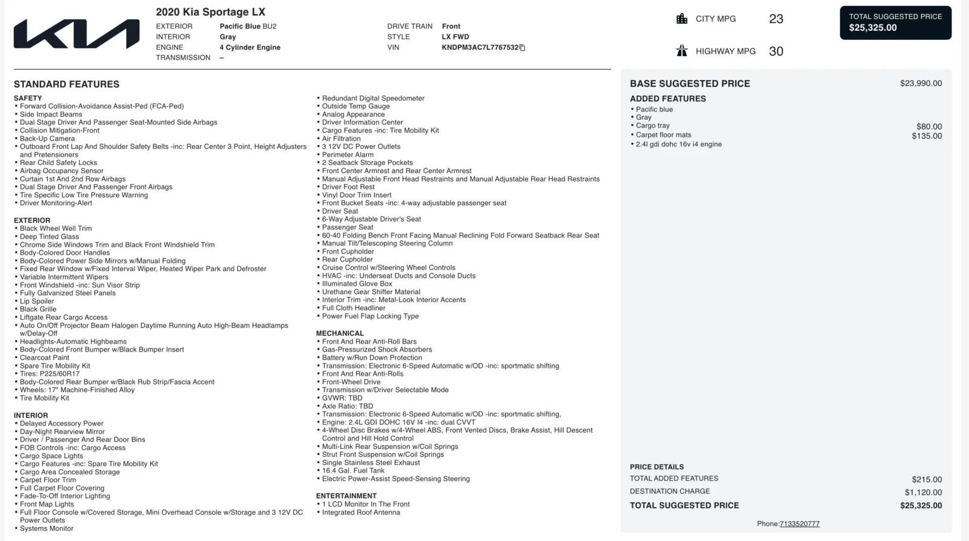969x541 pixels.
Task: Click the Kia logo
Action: point(76,34)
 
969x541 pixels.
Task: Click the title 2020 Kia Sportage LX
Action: point(210,12)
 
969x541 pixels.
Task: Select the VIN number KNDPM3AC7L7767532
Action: point(480,47)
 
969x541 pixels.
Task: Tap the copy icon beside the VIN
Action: point(523,48)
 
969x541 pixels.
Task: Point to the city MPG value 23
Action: point(776,19)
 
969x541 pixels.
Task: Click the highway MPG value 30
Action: point(776,51)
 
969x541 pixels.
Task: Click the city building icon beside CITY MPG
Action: point(682,19)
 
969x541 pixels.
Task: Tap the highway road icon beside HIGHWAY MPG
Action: point(682,51)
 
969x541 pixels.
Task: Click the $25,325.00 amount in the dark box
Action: point(873,28)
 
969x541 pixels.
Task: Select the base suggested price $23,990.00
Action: point(921,84)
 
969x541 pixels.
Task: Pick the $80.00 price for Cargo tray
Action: point(929,126)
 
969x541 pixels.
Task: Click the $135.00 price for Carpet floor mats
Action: point(927,136)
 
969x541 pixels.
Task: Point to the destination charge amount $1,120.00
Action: point(923,492)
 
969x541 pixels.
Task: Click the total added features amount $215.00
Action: point(927,479)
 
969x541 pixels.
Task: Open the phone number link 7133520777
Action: point(799,524)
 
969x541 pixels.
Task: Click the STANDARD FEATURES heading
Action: point(67,84)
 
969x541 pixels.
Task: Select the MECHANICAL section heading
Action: point(340,333)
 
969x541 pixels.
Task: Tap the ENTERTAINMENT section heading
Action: point(346,496)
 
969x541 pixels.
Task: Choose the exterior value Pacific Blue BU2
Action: point(248,26)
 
